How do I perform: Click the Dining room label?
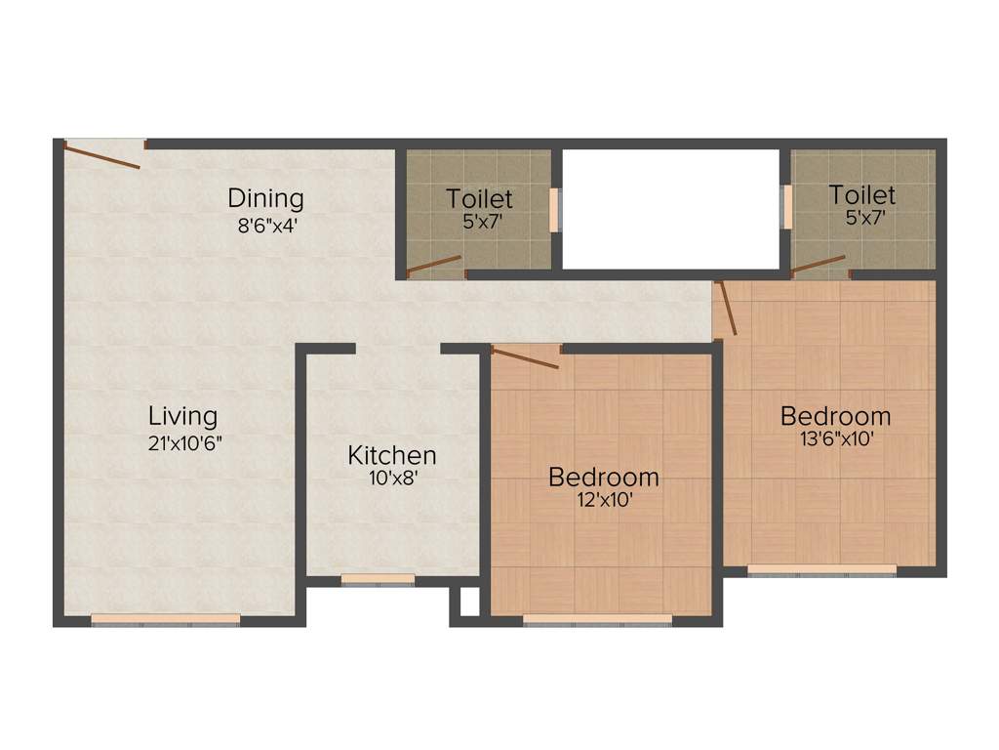tap(265, 198)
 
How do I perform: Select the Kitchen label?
tap(392, 455)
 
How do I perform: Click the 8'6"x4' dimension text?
tap(265, 225)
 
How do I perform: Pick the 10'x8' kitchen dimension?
tap(392, 479)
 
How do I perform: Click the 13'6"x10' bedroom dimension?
tap(835, 439)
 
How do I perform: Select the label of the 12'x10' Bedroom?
tap(603, 478)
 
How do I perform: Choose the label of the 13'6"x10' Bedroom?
tap(835, 416)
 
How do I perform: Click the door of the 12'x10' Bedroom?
tap(524, 356)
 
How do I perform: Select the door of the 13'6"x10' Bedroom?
tap(726, 308)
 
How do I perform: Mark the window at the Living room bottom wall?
tap(165, 618)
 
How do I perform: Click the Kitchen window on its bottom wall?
tap(378, 579)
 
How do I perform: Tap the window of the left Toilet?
tap(555, 209)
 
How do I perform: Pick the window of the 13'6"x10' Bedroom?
tap(821, 569)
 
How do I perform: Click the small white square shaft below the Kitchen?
tap(469, 603)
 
